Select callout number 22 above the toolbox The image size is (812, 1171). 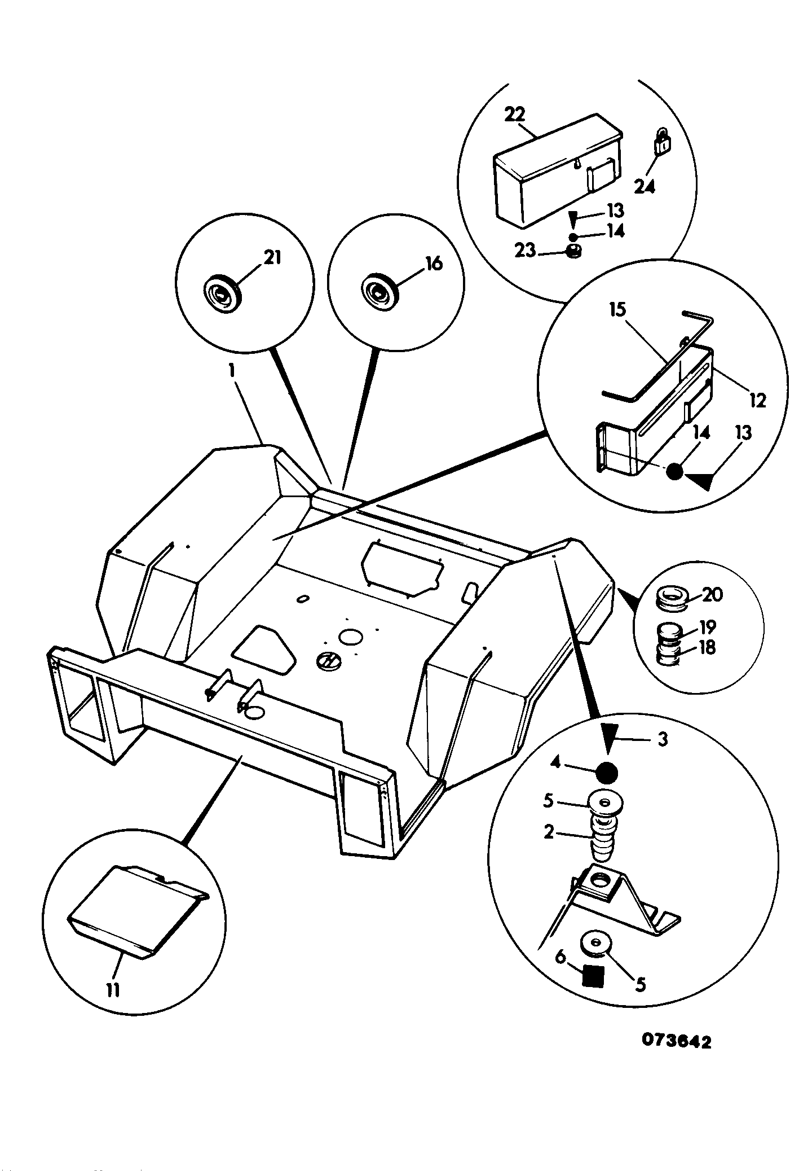coord(514,115)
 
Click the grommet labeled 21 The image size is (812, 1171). coord(222,292)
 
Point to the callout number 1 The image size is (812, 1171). coord(231,373)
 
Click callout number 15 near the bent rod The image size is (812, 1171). coord(617,309)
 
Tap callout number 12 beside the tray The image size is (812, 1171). coord(757,401)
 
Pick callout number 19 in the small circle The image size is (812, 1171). coord(707,627)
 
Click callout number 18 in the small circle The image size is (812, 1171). coord(707,648)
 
